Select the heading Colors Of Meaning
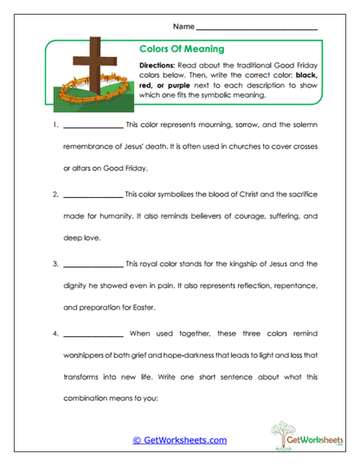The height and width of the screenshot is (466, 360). pos(182,49)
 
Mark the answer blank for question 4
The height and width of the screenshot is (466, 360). pos(93,332)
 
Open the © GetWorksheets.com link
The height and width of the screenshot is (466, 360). pos(180,440)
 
